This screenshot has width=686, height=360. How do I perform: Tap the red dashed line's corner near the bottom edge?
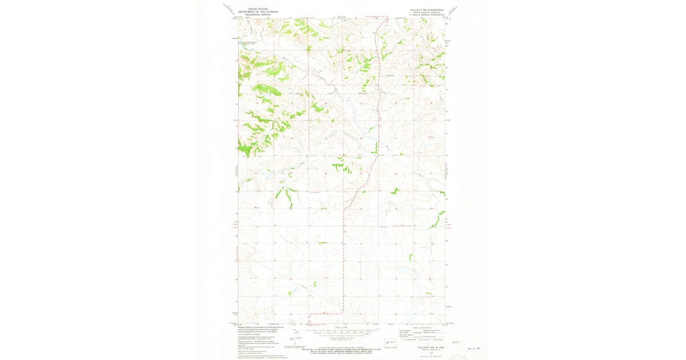(342, 313)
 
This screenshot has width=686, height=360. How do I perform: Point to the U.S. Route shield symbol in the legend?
(419, 339)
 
